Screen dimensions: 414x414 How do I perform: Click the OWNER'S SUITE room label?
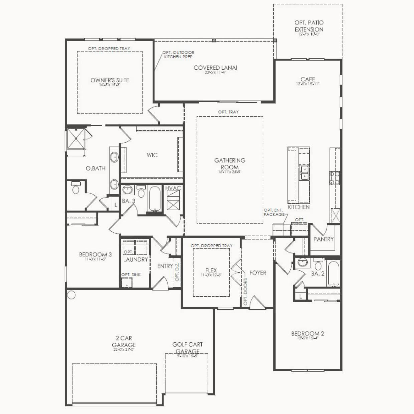click(110, 80)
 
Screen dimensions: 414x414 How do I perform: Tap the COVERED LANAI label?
click(215, 68)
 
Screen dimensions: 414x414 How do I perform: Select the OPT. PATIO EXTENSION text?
click(309, 26)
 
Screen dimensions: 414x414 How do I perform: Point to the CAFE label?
click(307, 79)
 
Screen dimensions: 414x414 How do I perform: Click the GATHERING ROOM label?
click(230, 164)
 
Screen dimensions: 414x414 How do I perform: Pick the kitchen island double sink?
click(304, 172)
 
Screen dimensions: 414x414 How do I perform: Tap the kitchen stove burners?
click(334, 178)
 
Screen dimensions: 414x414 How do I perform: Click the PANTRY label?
click(323, 239)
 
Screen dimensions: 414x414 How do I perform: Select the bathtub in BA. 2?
click(333, 273)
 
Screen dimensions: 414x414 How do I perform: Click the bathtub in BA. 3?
click(155, 198)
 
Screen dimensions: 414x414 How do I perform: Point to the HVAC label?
click(173, 188)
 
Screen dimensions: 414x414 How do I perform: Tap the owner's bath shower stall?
click(76, 138)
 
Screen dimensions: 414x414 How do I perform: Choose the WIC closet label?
click(152, 155)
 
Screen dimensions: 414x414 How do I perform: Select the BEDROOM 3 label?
click(95, 255)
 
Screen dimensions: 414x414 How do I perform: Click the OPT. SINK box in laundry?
click(126, 283)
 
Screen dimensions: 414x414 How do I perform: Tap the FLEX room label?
click(211, 270)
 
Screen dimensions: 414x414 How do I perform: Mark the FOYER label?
click(258, 273)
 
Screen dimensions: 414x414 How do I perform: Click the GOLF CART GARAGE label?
click(187, 348)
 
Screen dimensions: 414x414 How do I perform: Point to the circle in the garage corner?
click(71, 295)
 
